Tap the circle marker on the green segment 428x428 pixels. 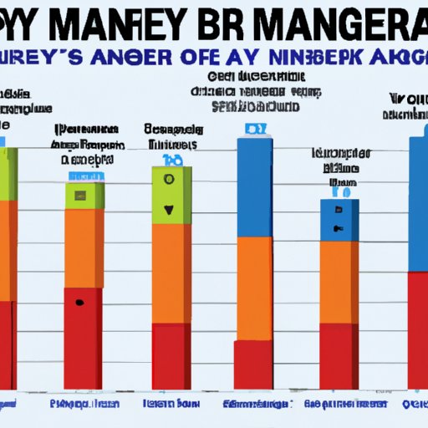[170, 179]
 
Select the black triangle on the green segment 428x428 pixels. [171, 210]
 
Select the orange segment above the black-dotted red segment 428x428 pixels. [84, 247]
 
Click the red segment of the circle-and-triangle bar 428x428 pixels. [171, 355]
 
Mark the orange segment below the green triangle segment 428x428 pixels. [171, 272]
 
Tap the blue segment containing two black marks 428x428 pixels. [339, 220]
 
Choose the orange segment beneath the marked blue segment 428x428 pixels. [339, 282]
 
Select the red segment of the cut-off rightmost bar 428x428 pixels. [417, 330]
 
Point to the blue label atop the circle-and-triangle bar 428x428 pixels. [171, 160]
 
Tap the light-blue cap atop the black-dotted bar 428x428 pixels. [84, 176]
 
